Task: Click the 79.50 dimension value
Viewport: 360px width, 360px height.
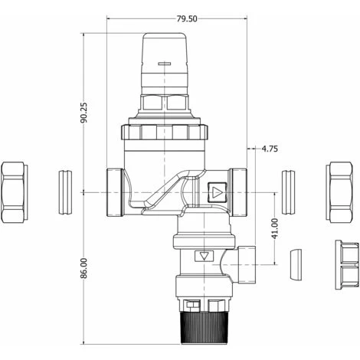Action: (x=187, y=18)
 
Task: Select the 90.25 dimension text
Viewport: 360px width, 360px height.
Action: (x=83, y=113)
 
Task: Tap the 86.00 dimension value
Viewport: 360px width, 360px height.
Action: (x=83, y=268)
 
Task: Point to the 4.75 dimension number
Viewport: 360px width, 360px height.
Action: (x=270, y=149)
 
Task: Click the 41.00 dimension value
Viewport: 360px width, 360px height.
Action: (x=275, y=229)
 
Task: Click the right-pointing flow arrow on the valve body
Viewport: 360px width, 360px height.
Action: (x=218, y=192)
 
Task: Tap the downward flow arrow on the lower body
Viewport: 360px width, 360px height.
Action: (x=204, y=256)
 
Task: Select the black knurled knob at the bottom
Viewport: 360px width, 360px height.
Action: (x=204, y=328)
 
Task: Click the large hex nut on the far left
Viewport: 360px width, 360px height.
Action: (x=15, y=192)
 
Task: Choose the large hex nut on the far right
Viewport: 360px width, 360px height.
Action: (x=339, y=191)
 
